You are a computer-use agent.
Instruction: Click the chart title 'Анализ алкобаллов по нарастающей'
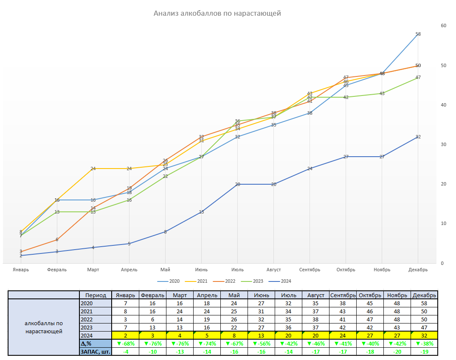point(217,13)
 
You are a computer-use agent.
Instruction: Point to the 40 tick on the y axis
point(444,105)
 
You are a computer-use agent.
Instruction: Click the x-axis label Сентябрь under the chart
point(310,270)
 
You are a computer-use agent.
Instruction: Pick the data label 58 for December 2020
point(418,34)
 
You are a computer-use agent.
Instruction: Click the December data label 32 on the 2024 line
point(418,137)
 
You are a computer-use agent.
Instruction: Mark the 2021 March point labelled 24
point(93,169)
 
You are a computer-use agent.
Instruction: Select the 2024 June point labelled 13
point(201,212)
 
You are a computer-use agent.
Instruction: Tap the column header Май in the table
point(234,295)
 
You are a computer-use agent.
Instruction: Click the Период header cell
point(96,295)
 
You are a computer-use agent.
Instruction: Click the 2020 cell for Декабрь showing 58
point(424,304)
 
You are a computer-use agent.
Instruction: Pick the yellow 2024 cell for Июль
point(288,335)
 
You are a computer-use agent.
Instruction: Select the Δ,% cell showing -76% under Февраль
point(153,343)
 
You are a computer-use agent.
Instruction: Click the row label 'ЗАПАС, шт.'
point(95,352)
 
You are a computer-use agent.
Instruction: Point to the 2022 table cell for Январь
point(125,319)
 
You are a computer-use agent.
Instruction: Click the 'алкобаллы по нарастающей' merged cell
point(44,327)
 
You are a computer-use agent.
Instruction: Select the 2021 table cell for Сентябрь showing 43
point(343,312)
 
